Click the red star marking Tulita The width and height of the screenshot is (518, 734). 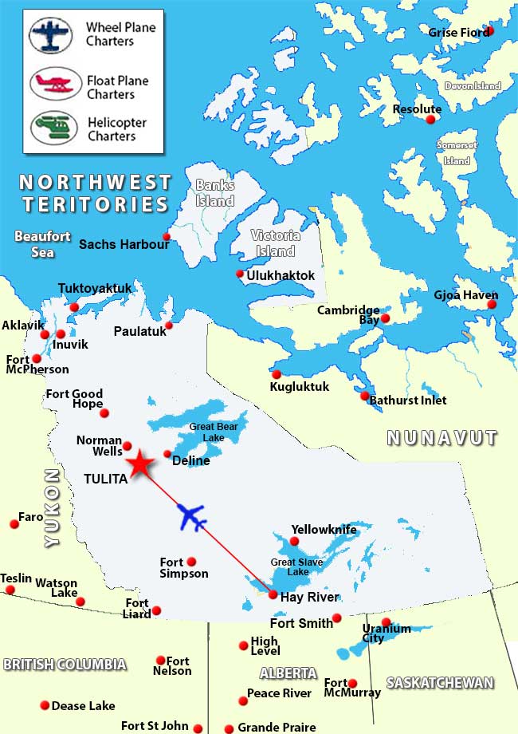(140, 464)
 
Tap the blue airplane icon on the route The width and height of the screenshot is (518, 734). (191, 516)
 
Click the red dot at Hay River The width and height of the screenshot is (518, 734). (273, 594)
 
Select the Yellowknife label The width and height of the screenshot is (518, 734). (324, 530)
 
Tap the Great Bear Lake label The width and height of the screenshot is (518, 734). (213, 432)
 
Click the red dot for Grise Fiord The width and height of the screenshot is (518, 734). (489, 30)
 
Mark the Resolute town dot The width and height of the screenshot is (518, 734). (431, 120)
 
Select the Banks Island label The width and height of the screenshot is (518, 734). (215, 193)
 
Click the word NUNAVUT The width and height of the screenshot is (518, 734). (441, 437)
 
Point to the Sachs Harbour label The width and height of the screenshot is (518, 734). (124, 244)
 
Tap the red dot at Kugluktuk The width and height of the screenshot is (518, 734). (277, 374)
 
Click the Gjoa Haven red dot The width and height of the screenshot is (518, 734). (492, 305)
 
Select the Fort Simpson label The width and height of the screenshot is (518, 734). (183, 568)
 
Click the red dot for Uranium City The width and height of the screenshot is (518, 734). (387, 622)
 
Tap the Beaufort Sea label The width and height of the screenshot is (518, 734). (43, 244)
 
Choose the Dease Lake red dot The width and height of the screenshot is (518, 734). (44, 705)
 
